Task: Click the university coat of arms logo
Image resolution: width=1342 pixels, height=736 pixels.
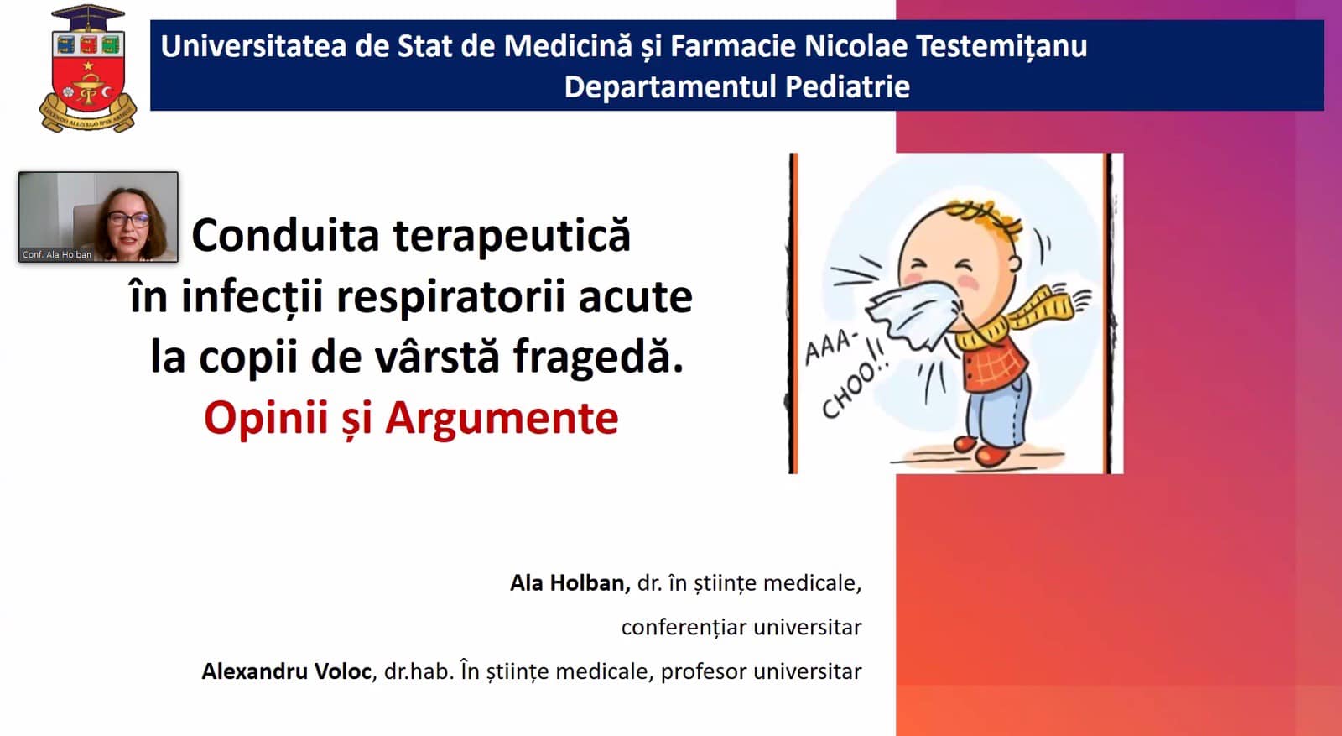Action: click(x=88, y=68)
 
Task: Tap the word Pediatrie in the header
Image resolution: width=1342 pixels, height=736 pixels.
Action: click(x=847, y=86)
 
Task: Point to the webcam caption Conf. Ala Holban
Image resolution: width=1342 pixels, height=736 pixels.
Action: click(x=57, y=255)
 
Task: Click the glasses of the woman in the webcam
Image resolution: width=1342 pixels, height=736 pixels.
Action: click(x=129, y=219)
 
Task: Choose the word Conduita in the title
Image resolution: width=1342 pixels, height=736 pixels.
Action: click(x=285, y=235)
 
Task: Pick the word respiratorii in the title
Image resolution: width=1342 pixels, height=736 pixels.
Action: click(x=450, y=298)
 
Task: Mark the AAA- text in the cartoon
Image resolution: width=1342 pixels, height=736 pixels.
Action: click(x=830, y=347)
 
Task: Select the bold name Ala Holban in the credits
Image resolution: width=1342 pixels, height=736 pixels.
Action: click(x=570, y=583)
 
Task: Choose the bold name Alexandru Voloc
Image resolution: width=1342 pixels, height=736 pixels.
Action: click(x=286, y=671)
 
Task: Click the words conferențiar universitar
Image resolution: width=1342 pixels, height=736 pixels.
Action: click(x=741, y=628)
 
